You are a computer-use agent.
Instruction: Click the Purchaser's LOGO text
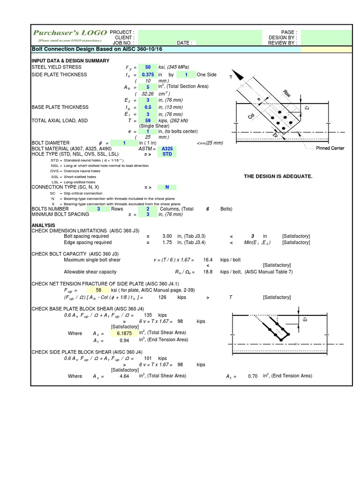click(69, 33)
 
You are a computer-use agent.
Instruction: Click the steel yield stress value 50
click(148, 67)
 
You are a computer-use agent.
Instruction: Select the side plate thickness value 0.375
click(148, 75)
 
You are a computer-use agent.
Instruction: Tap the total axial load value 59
click(148, 120)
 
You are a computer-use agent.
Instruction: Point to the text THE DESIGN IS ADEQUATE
click(278, 176)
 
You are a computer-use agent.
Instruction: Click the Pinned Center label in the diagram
click(330, 148)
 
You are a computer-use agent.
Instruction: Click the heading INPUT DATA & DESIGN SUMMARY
click(70, 61)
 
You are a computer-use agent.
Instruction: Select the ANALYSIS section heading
click(43, 225)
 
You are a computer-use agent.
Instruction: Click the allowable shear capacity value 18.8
click(207, 272)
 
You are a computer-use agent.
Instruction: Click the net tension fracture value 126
click(163, 297)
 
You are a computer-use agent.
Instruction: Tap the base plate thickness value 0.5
click(148, 107)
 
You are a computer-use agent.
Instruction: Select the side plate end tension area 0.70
click(253, 376)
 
